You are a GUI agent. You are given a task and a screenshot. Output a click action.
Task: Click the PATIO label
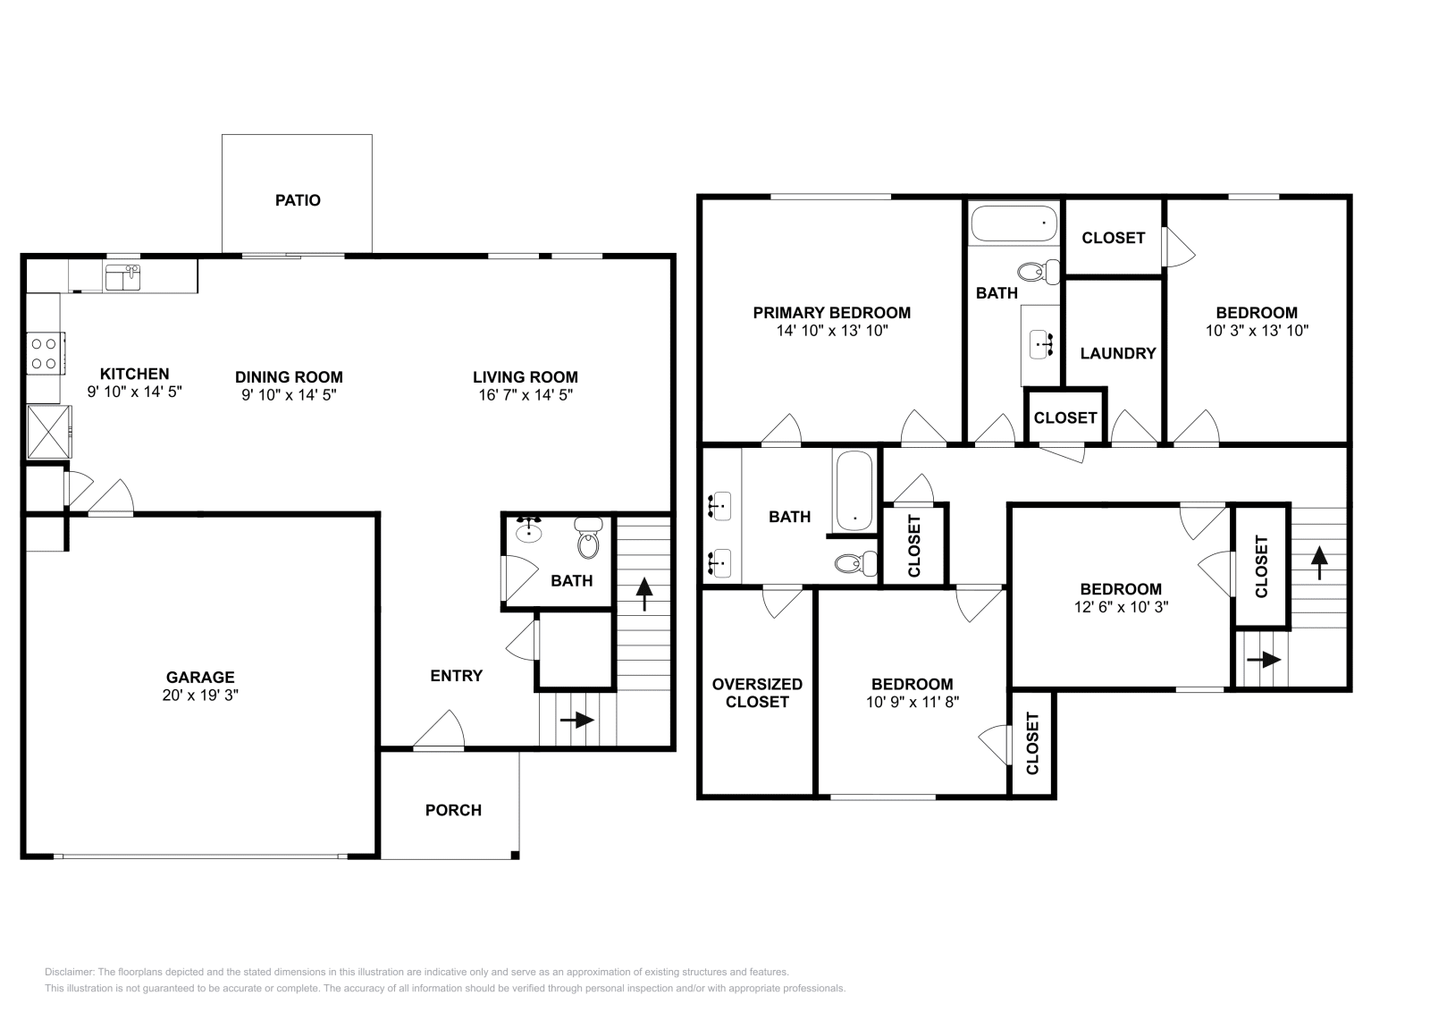[298, 200]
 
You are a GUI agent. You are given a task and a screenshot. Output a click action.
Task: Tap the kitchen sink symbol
[122, 278]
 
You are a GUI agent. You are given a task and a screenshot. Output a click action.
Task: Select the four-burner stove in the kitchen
[45, 352]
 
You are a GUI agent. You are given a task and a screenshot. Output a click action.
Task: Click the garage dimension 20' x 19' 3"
[200, 696]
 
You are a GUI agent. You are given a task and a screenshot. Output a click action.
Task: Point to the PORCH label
[453, 810]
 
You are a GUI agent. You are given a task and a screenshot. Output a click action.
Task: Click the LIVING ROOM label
[526, 377]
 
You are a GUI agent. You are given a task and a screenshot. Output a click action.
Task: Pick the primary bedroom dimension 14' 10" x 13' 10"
[831, 331]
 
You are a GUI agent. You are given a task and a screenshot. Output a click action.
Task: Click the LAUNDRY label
[1118, 353]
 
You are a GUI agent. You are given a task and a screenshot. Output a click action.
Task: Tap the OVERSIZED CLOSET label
[757, 693]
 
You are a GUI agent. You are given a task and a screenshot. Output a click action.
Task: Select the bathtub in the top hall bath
[1014, 223]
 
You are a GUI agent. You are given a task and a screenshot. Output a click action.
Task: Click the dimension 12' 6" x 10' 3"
[1121, 606]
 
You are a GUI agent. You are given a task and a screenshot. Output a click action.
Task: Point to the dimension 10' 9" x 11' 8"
[912, 703]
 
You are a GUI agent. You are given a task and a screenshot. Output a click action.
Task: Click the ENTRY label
[456, 676]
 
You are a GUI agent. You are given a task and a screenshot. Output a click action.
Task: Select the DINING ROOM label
[289, 377]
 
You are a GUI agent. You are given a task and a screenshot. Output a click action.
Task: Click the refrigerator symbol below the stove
[48, 431]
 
